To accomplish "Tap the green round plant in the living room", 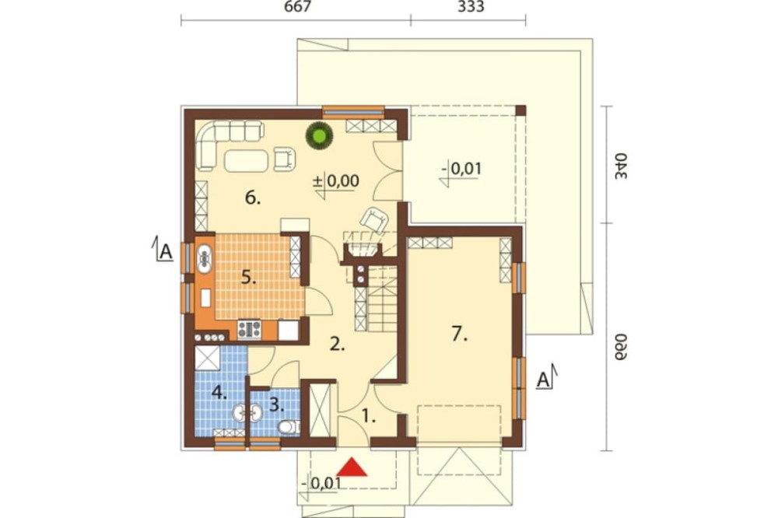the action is pos(319,135).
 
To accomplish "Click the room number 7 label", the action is pos(460,335).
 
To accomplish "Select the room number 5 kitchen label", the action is pos(249,278).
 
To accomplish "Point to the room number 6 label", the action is pos(253,198).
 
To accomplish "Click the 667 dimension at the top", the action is pos(297,7).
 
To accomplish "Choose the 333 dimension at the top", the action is pos(471,7).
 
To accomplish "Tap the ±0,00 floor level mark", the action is pos(336,181).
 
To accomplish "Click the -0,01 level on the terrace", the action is pos(461,170).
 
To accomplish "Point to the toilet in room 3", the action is pos(288,427).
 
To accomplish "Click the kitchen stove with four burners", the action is pos(249,329).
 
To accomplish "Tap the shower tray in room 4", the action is pos(208,359).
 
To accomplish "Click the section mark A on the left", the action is pos(163,250).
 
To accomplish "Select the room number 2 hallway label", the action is pos(337,345).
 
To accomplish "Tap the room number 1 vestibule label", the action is pos(368,416).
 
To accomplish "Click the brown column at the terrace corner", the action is pos(520,110).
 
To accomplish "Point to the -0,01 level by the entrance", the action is pos(321,483).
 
